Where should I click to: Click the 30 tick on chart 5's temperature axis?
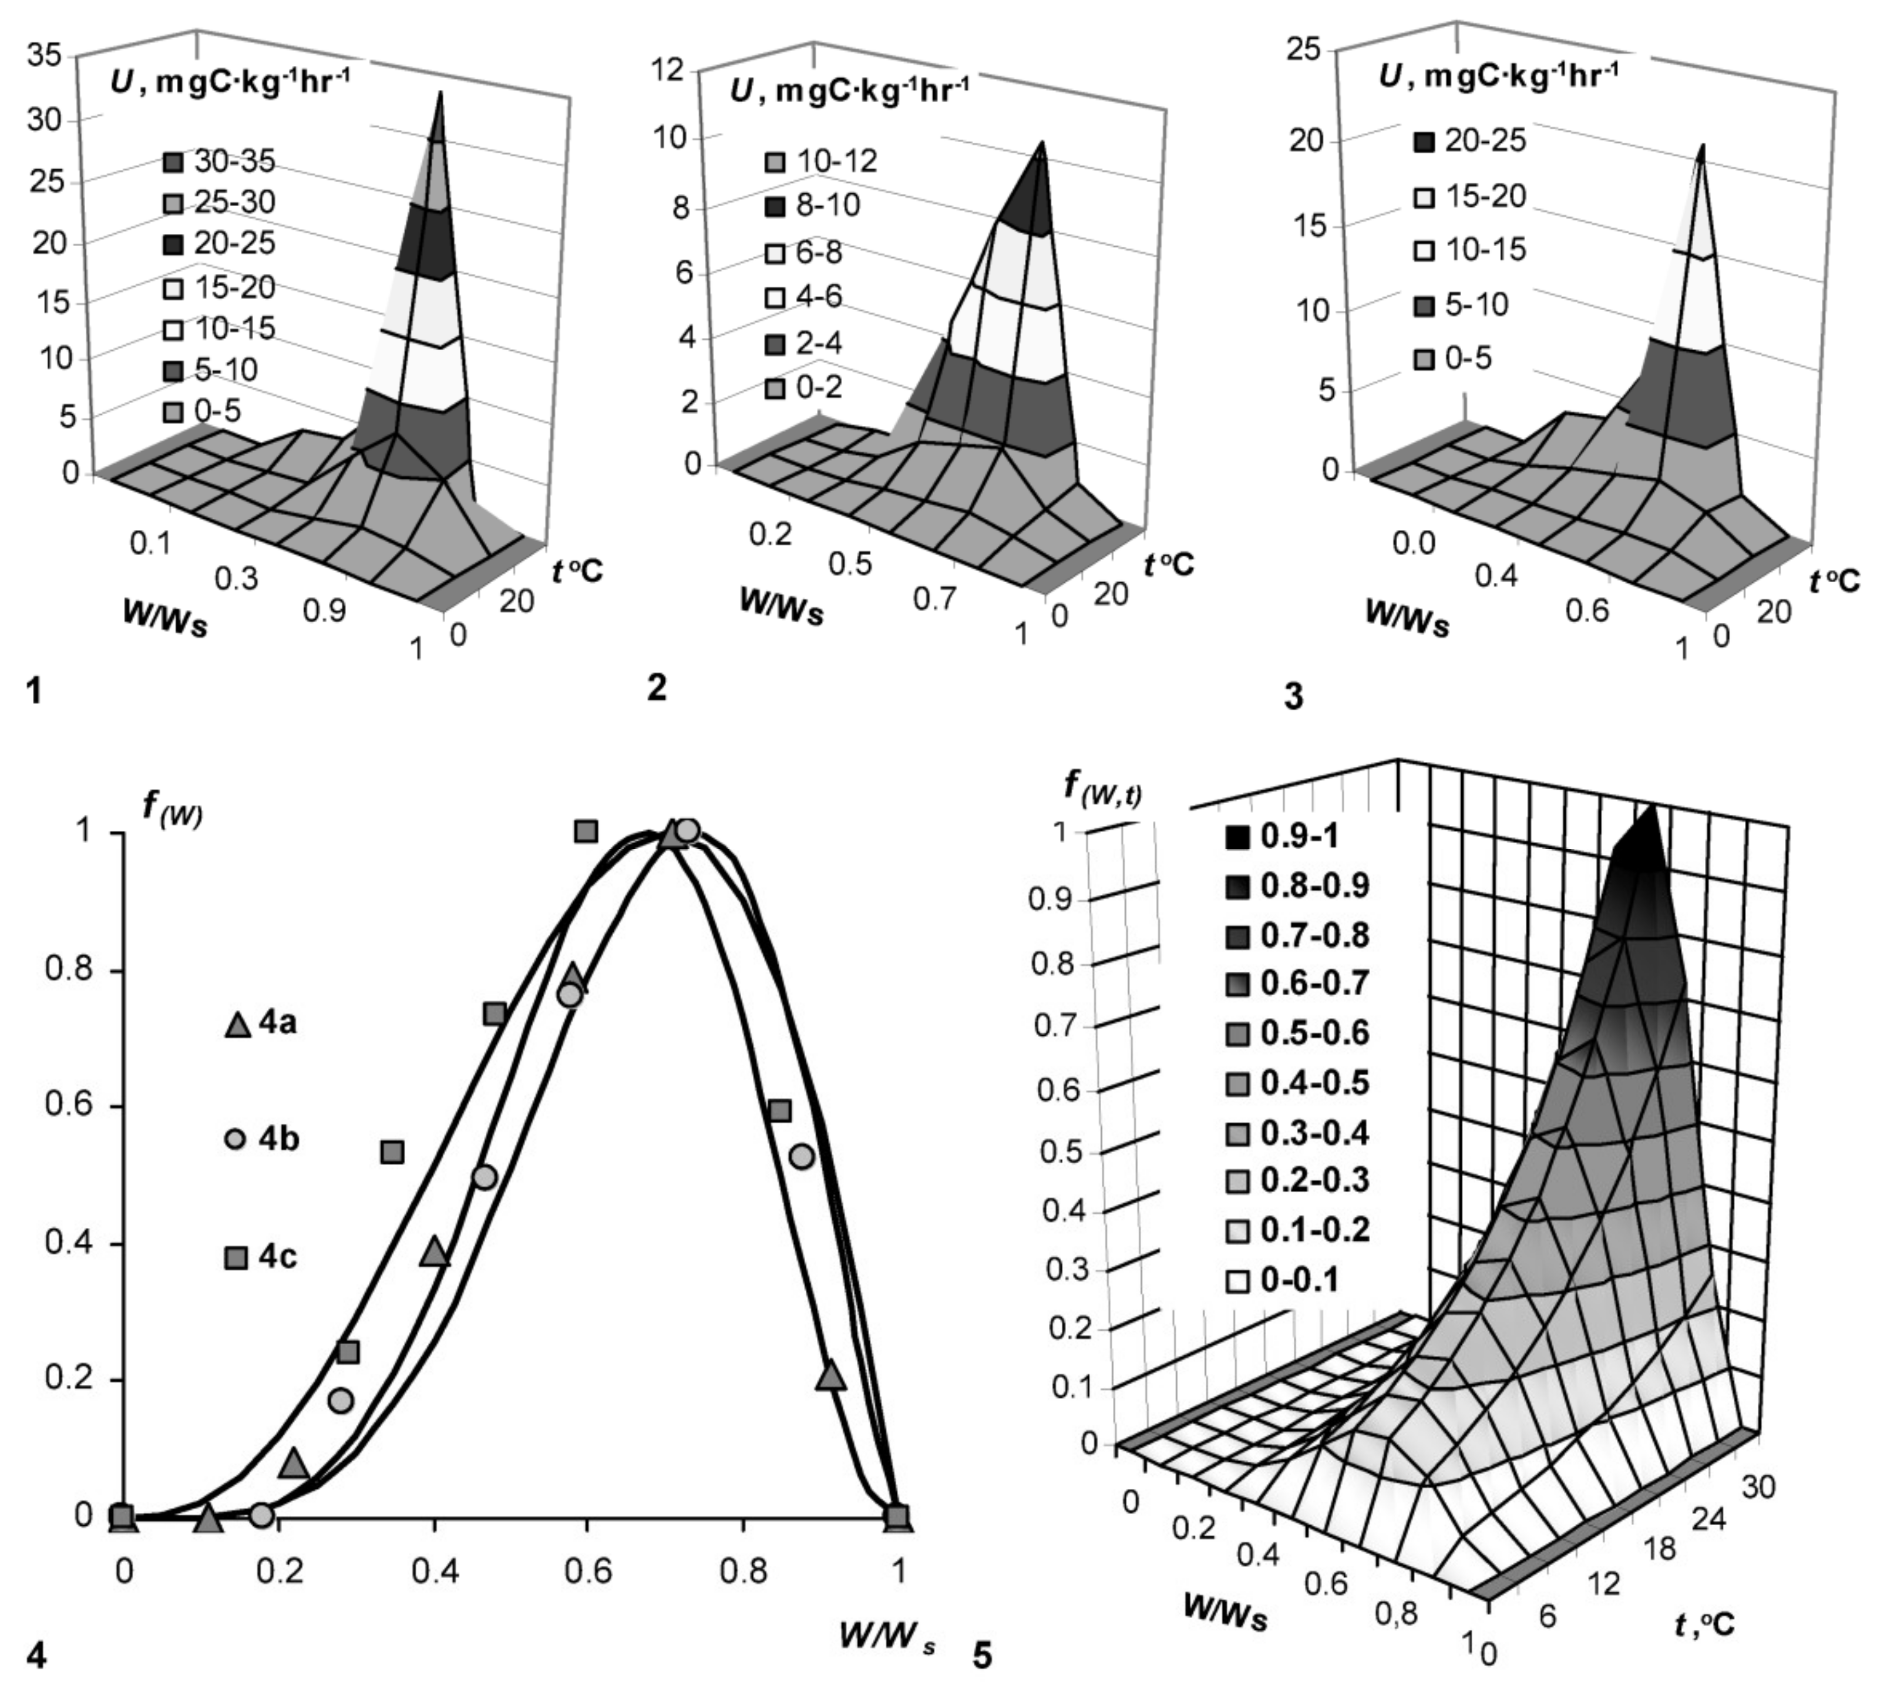(x=1758, y=1488)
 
